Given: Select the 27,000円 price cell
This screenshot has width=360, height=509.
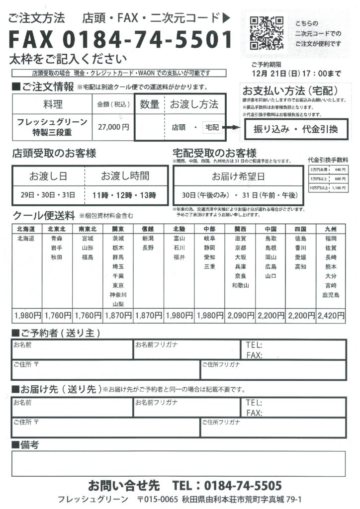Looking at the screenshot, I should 113,127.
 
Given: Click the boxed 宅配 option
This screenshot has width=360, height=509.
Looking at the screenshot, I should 212,128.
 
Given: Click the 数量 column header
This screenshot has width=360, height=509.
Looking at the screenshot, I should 149,104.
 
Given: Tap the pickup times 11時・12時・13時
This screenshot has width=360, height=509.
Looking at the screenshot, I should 124,195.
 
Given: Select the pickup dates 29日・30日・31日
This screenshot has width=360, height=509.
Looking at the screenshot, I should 48,195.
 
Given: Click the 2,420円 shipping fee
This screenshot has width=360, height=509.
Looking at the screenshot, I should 331,315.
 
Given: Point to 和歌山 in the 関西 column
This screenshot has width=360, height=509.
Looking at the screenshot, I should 241,285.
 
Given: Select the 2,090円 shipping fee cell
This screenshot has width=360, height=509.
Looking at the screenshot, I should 241,315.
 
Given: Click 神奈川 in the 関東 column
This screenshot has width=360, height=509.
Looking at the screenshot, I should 118,295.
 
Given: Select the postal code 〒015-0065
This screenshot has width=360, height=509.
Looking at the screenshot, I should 158,499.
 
